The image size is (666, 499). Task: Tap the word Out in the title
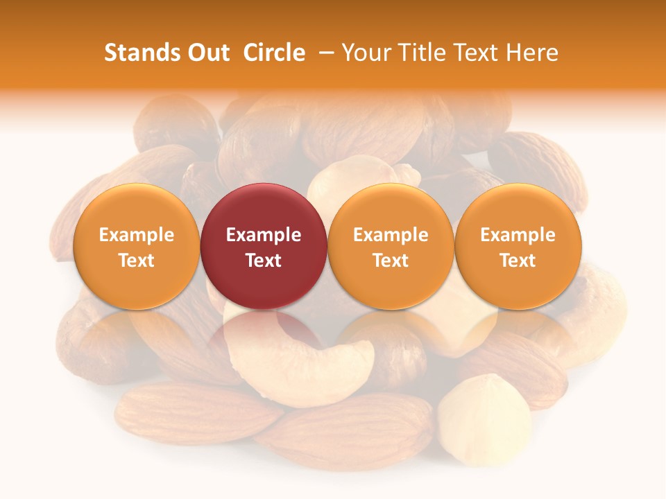207,53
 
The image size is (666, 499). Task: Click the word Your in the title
366,53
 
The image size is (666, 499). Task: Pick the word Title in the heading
422,53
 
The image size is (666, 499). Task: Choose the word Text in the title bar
479,53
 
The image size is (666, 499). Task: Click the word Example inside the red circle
264,235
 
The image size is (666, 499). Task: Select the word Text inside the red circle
264,261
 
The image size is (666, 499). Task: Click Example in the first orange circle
137,235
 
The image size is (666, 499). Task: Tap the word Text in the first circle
137,261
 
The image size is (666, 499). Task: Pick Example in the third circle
391,235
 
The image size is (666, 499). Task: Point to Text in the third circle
391,261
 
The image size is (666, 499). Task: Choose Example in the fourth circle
518,235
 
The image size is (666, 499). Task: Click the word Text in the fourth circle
518,261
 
